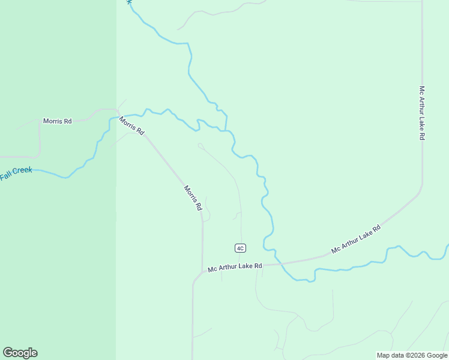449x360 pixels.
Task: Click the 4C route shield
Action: [240, 248]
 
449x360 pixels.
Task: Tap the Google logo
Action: [20, 353]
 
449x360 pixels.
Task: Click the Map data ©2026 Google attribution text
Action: [412, 355]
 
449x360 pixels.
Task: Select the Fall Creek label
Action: [16, 173]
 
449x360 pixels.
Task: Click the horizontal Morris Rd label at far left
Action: [58, 121]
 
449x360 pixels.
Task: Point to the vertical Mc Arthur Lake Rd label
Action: [422, 113]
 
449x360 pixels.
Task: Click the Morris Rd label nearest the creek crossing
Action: [131, 125]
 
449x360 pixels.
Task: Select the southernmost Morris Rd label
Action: [193, 197]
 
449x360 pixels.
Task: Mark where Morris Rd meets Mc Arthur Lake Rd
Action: [202, 273]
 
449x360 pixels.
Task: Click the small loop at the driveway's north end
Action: [200, 145]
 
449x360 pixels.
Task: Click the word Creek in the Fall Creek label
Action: [22, 171]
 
